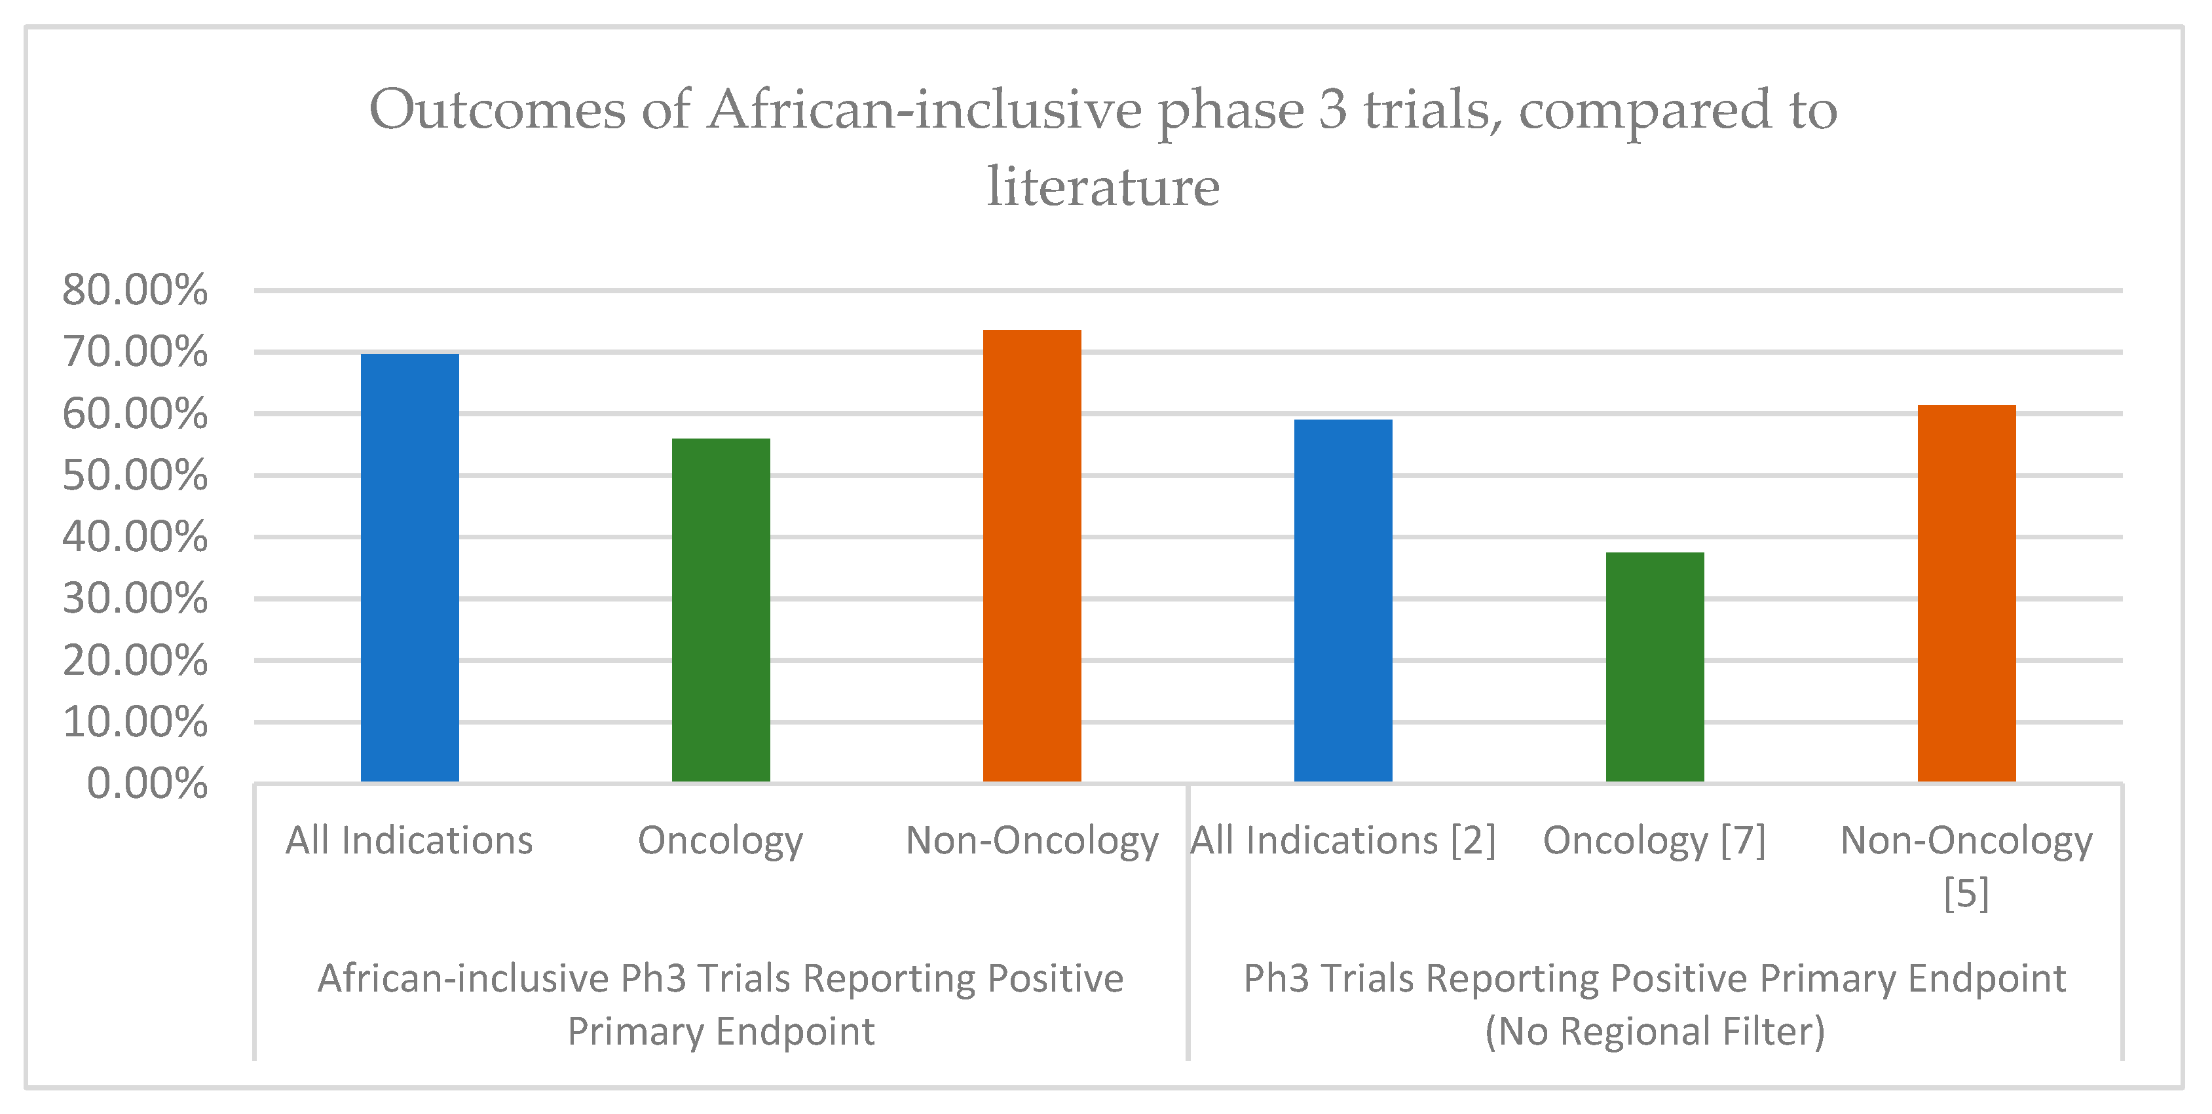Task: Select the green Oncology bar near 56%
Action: tap(721, 609)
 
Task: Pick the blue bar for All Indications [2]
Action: tap(1343, 600)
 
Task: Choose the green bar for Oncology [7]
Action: tap(1655, 666)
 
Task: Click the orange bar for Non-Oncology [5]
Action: tap(1966, 593)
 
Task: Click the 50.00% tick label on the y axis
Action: tap(135, 475)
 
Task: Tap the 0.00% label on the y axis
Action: tap(147, 783)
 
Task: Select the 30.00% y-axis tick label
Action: tap(135, 599)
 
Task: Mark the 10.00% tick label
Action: tap(135, 723)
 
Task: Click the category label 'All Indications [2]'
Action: tap(1343, 840)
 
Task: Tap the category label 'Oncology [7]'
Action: tap(1654, 840)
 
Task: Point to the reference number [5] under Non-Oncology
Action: tap(1966, 893)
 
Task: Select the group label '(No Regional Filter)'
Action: tap(1655, 1031)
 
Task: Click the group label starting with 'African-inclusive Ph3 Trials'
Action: tap(721, 979)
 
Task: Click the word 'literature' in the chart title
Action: tap(1104, 187)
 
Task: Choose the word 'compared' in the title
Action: tap(1644, 111)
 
